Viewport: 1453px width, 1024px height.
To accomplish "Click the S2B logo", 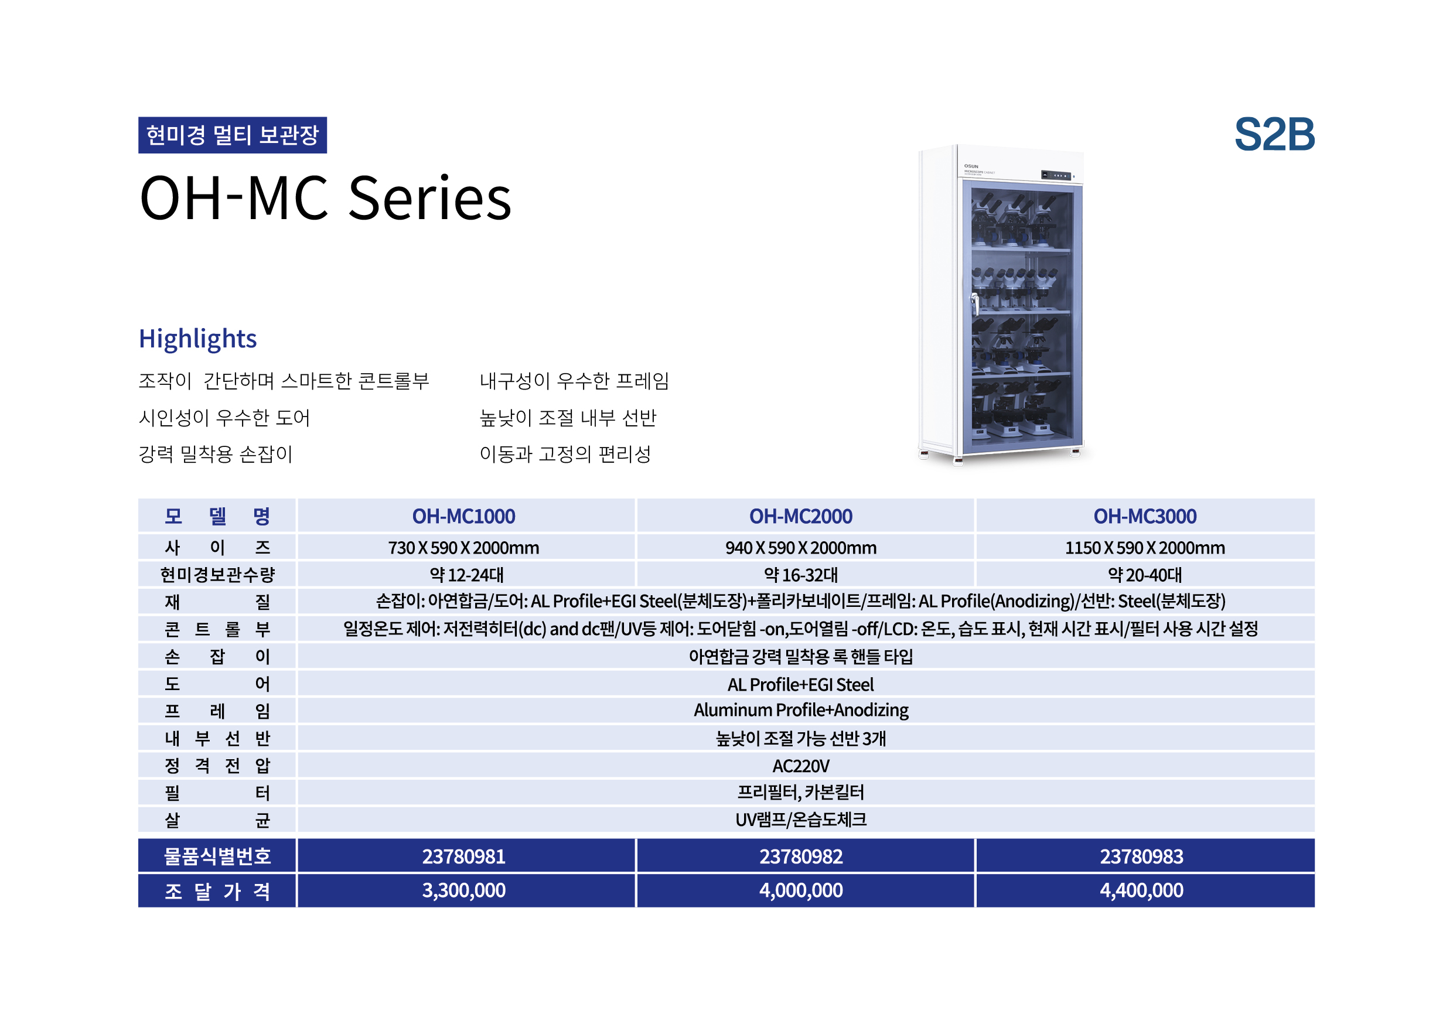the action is tap(1274, 135).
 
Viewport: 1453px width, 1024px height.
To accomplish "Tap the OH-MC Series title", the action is tap(325, 198).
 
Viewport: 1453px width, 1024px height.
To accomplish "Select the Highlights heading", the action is tap(197, 339).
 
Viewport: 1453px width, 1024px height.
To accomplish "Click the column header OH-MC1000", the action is tap(463, 517).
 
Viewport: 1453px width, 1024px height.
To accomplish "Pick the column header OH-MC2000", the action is tap(800, 517).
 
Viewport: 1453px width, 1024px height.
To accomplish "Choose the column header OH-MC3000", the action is tap(1145, 517).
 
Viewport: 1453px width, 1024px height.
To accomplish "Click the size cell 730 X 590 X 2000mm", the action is tap(463, 547).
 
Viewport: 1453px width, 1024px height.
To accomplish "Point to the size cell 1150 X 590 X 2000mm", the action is tap(1145, 547).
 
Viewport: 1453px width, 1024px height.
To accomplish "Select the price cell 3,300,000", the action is tap(463, 890).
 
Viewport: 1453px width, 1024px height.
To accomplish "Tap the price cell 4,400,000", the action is tap(1142, 890).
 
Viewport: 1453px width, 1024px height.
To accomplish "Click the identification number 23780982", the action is tap(800, 856).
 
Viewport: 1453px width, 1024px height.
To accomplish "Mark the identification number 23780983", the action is tap(1142, 856).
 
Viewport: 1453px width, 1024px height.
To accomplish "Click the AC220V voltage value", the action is tap(800, 766).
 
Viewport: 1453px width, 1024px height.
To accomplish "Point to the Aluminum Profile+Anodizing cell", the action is tap(800, 710).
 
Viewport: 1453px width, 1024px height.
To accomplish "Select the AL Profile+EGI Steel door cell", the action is tap(800, 684).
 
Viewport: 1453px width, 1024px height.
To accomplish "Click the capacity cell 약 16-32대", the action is tap(800, 575).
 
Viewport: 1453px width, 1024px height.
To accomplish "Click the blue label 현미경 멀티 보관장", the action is tap(232, 135).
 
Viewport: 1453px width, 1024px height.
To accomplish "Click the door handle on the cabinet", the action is tap(975, 304).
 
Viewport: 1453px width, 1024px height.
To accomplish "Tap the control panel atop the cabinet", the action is tap(1056, 175).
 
